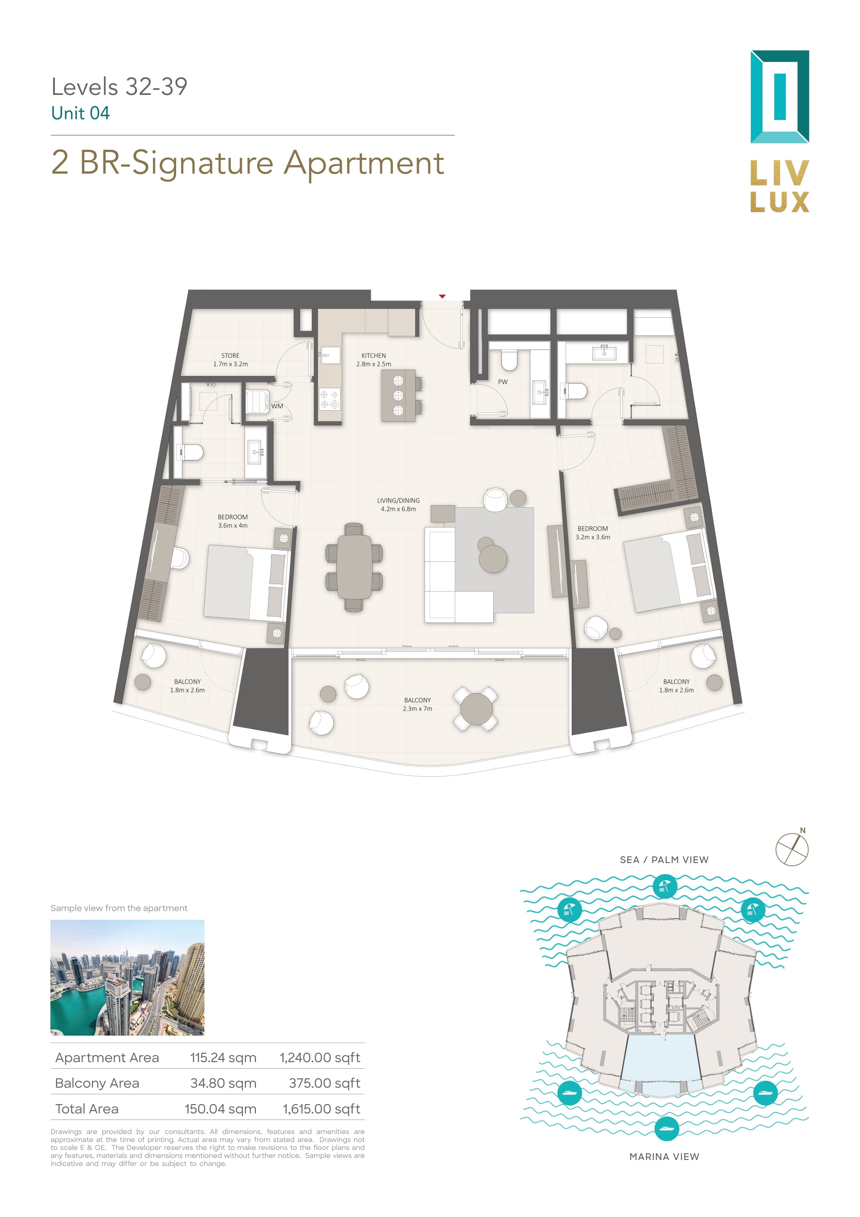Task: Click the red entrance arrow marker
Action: point(442,296)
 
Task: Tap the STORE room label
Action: point(231,356)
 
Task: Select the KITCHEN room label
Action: point(374,356)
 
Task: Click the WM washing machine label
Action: point(277,406)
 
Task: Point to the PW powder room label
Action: point(503,382)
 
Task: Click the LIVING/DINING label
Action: point(399,500)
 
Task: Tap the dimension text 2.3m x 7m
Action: point(418,709)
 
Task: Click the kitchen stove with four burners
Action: point(329,399)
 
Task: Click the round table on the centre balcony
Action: point(476,709)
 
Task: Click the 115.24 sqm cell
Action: point(223,1057)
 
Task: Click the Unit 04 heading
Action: point(81,113)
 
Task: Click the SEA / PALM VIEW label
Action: point(664,860)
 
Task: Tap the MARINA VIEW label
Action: point(664,1157)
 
